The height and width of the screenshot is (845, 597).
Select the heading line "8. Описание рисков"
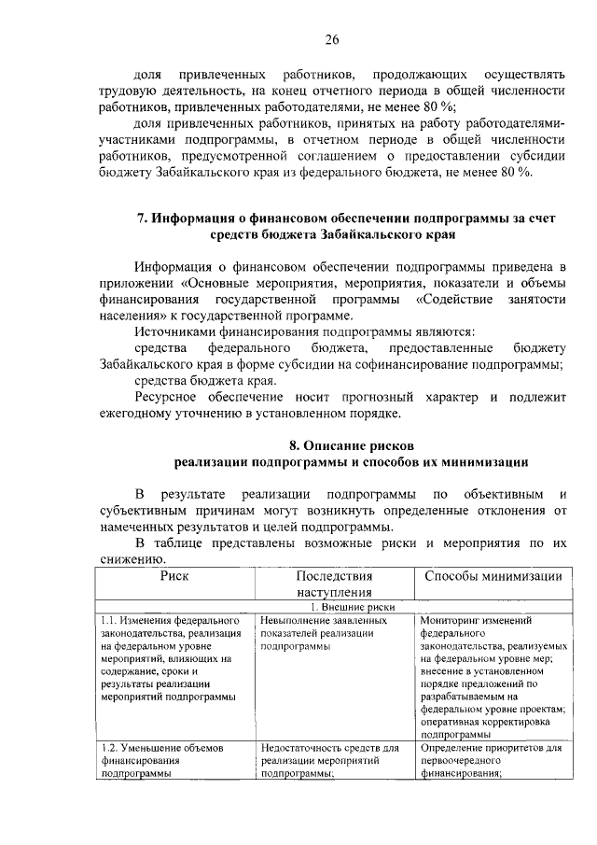coord(349,444)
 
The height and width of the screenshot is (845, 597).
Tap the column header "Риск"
coord(174,576)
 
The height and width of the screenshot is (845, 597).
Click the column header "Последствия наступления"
coord(334,584)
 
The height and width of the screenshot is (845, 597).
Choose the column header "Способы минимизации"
coord(492,576)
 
